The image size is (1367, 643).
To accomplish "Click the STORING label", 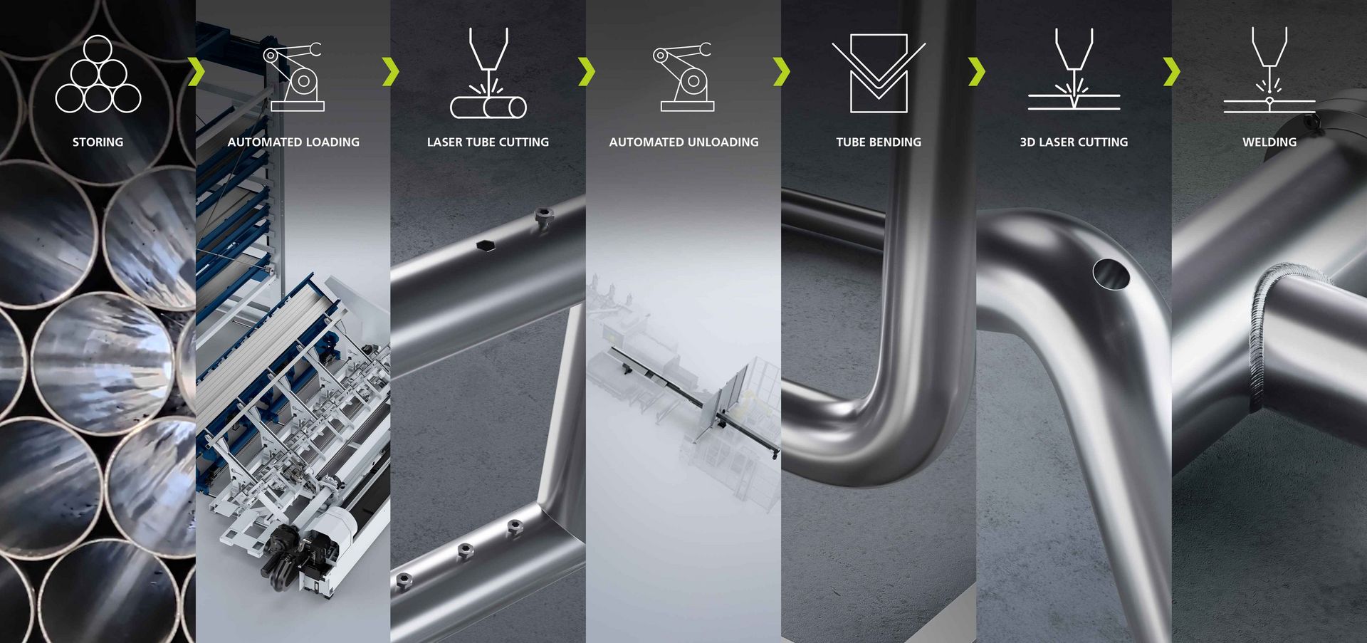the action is [x=98, y=142].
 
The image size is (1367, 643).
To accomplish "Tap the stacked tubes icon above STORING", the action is [x=98, y=74].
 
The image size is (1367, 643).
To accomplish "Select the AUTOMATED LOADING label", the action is [x=293, y=142].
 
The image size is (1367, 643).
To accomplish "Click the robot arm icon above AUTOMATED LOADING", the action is [x=293, y=77].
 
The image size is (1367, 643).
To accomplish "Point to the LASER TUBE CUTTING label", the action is [x=488, y=142].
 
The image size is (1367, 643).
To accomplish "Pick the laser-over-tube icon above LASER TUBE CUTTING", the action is [x=488, y=73].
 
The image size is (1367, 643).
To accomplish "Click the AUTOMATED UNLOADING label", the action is [x=683, y=142].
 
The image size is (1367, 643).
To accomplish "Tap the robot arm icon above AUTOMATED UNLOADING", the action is [x=683, y=77].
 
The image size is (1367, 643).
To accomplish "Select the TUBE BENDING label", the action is [x=879, y=142].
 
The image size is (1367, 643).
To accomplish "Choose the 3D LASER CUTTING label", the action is [x=1074, y=142].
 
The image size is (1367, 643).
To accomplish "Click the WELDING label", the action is [x=1269, y=142].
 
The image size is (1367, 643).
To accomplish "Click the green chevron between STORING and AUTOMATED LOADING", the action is [x=197, y=72].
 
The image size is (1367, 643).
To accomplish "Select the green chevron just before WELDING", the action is [x=1171, y=72].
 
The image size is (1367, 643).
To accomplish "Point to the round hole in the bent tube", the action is [x=1111, y=274].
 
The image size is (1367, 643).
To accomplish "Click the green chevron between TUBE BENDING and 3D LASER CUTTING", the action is [x=977, y=72].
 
